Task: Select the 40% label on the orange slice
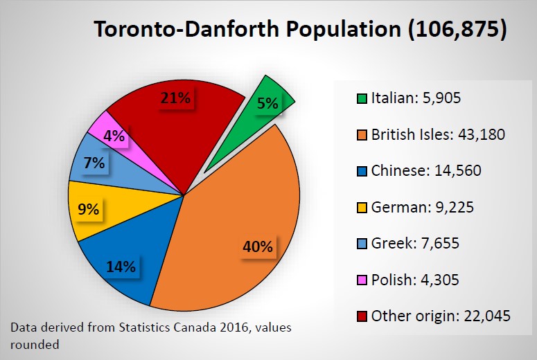point(257,246)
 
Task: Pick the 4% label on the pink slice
point(113,136)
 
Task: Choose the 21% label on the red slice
point(175,98)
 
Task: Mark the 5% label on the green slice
point(267,104)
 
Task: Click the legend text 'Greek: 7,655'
point(415,244)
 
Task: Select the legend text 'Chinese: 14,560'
point(426,170)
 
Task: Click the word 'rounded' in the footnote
point(33,343)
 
